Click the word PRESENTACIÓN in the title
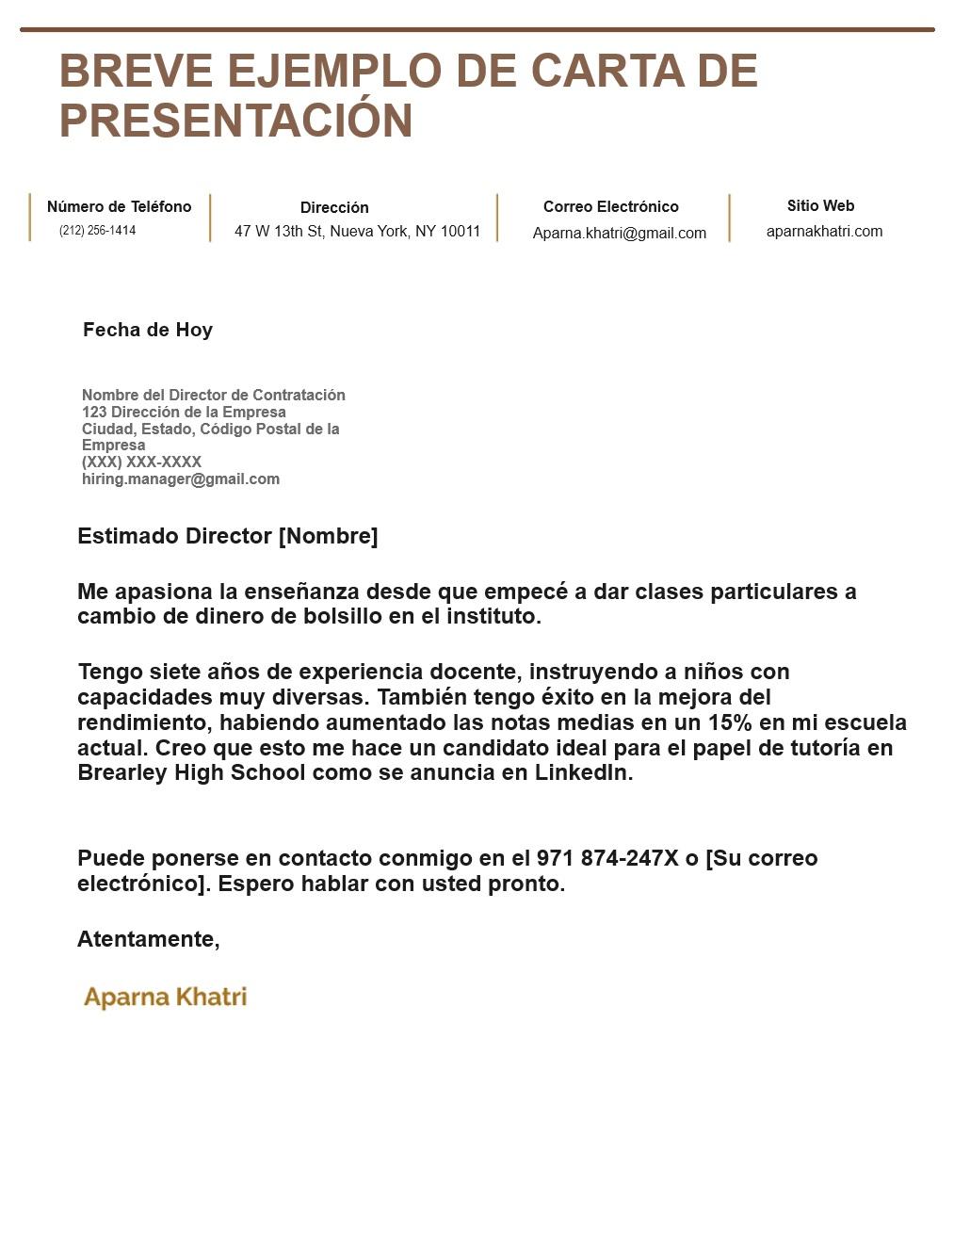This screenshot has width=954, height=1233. (235, 122)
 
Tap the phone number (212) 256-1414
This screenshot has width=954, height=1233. (97, 231)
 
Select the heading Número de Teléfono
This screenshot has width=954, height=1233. (119, 207)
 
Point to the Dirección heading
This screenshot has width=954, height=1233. (334, 208)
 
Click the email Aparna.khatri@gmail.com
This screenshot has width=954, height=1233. (619, 234)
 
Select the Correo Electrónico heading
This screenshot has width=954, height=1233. (610, 207)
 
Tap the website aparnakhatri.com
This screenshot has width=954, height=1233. (824, 232)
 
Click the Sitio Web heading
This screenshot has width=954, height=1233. (820, 206)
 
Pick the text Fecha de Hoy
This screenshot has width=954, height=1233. (148, 331)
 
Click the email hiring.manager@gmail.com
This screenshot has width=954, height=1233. (181, 479)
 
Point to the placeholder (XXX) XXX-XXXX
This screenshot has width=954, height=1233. (141, 462)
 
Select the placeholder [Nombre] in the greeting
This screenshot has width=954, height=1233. (328, 537)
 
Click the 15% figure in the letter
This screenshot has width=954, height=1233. (730, 723)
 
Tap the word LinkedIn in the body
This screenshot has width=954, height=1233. (583, 773)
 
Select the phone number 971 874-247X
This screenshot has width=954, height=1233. (606, 859)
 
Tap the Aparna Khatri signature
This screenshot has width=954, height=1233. (165, 998)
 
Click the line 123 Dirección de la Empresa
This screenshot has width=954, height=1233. (184, 413)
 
